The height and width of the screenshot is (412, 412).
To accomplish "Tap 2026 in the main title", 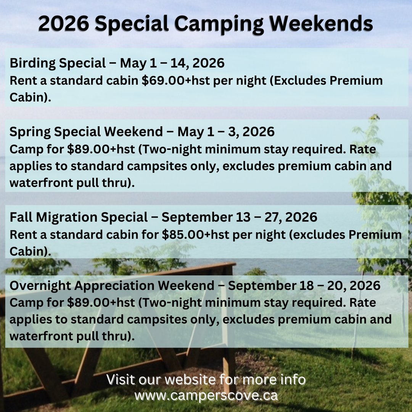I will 63,24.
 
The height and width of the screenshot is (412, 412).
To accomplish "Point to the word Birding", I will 32,63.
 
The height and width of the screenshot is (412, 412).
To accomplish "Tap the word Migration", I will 65,217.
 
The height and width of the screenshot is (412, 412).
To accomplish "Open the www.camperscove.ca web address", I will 206,395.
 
